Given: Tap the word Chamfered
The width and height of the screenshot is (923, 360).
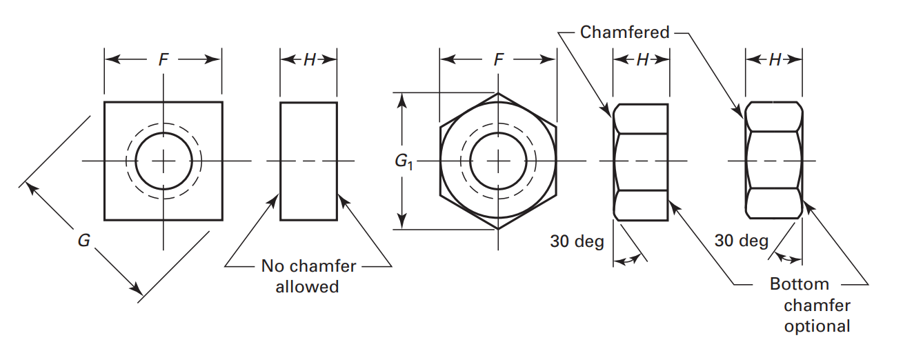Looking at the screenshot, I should (624, 32).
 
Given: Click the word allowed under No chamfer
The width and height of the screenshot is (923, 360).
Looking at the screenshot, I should (307, 286).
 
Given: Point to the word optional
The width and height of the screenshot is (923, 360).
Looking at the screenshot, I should (817, 326).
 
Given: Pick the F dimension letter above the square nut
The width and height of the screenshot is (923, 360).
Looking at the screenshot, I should (163, 60).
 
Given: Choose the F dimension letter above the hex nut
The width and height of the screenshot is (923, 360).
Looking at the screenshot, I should (498, 60).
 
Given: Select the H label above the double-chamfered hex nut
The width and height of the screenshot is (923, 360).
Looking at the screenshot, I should (774, 60).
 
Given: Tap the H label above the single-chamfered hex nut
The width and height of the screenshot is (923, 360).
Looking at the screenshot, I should (642, 60).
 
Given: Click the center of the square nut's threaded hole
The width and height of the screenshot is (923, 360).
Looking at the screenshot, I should (163, 161).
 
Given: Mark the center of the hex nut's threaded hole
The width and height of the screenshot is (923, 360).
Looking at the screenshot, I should (498, 161).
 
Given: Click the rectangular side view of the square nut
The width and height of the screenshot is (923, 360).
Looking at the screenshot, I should (308, 161).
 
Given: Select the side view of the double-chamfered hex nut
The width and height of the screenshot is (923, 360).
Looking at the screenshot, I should (774, 161).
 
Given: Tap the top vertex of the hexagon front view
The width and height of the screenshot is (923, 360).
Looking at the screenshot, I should (498, 93).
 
